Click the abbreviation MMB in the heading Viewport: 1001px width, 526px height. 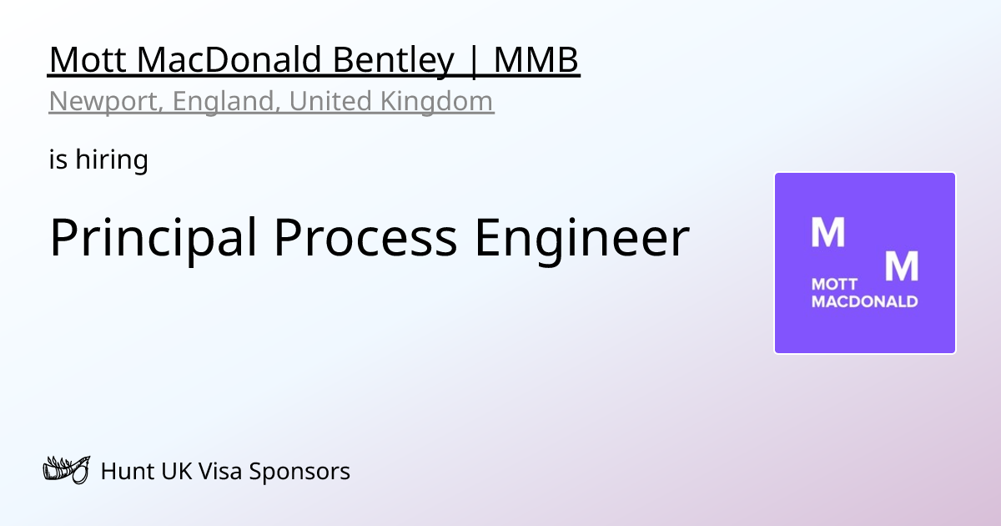point(536,60)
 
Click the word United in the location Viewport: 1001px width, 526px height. point(330,101)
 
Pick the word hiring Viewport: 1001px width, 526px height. point(112,159)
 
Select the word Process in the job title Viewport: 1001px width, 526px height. point(365,237)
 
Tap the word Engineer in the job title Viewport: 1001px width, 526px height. point(581,237)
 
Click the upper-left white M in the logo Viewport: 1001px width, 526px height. point(827,233)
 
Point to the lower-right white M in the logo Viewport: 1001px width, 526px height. point(901,266)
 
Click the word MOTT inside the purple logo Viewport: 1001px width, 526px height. point(829,286)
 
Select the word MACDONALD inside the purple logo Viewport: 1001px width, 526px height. point(864,301)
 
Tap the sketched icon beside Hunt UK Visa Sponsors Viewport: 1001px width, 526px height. point(66,471)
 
